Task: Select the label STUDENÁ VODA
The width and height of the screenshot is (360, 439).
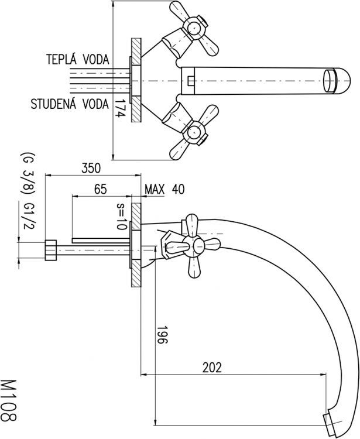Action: pyautogui.click(x=70, y=105)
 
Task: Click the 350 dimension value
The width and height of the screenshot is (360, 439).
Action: pyautogui.click(x=90, y=168)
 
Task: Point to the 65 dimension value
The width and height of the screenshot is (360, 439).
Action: pyautogui.click(x=100, y=189)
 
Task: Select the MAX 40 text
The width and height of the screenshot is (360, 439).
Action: pyautogui.click(x=164, y=189)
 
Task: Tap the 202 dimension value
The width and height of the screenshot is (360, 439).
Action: pyautogui.click(x=211, y=368)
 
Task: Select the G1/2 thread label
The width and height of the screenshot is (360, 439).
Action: pyautogui.click(x=28, y=217)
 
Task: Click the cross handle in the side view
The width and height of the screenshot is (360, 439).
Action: pyautogui.click(x=194, y=246)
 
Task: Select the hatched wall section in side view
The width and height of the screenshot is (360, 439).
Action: pyautogui.click(x=135, y=245)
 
